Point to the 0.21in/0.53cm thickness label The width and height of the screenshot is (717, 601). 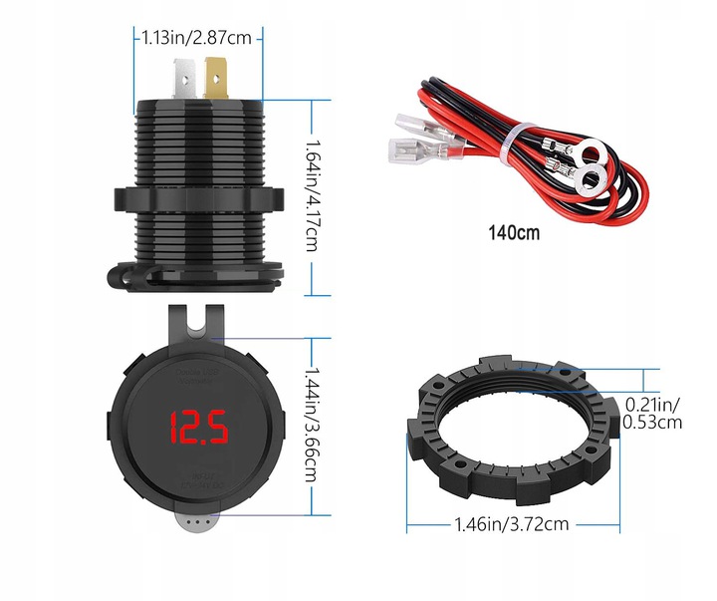[x=652, y=413]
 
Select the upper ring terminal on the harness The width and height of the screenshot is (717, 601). [x=595, y=153]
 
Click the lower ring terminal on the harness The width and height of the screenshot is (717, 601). [x=587, y=182]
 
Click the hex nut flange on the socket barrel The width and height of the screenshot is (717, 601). [x=199, y=199]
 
